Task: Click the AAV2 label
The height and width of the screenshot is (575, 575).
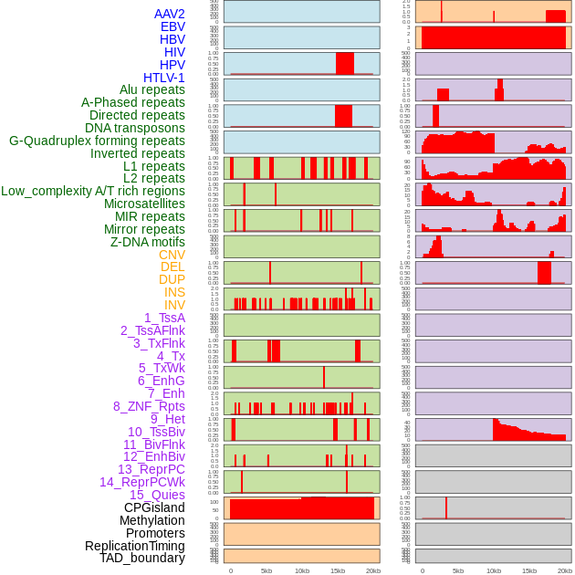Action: [170, 14]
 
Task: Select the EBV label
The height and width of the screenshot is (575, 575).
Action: [172, 26]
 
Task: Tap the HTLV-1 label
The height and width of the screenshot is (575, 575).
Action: [164, 78]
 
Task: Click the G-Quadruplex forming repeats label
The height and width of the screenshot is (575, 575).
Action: [97, 141]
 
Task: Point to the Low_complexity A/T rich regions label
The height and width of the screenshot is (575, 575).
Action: [93, 191]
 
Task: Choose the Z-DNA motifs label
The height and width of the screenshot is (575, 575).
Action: [148, 242]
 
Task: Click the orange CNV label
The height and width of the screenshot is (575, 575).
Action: [172, 255]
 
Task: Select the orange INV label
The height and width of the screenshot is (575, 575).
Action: [174, 305]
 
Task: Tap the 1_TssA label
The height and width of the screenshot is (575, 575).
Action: [164, 318]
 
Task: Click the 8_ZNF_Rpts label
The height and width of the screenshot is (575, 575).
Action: [149, 406]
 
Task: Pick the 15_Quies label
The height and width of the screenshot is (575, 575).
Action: [157, 495]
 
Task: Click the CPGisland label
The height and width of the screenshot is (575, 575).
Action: [154, 507]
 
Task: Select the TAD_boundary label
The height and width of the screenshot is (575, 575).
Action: [142, 558]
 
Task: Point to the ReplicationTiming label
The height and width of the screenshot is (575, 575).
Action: [134, 546]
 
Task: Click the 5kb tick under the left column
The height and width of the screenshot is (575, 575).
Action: [267, 570]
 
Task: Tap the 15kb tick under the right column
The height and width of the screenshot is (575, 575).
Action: [529, 570]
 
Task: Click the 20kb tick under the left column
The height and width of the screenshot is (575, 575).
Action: [373, 570]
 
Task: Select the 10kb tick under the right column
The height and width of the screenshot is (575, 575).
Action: [494, 570]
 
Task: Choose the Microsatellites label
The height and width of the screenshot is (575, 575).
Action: [144, 204]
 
